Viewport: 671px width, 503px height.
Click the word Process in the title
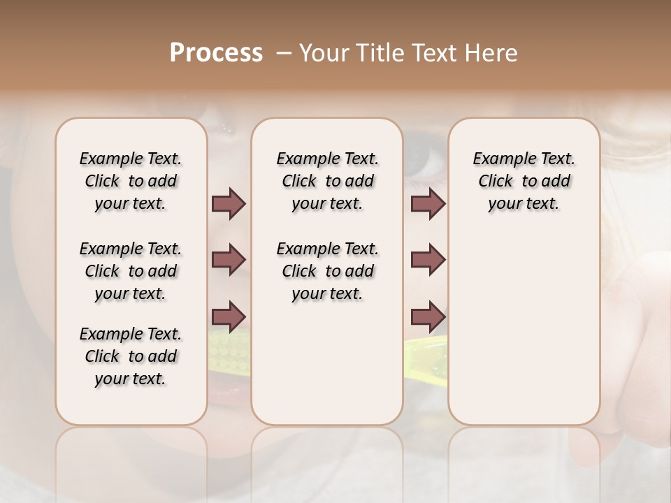click(x=216, y=53)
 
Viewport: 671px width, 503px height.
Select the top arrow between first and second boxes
click(x=229, y=204)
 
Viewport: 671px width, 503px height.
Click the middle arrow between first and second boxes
click(x=229, y=260)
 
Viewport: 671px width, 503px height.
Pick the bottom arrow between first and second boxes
click(x=229, y=316)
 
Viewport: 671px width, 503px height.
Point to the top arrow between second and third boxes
click(x=428, y=204)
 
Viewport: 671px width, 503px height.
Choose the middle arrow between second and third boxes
click(x=428, y=260)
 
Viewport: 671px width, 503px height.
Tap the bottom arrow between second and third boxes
click(x=428, y=316)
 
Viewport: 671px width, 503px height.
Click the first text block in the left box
click(x=131, y=181)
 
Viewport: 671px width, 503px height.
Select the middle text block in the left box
click(x=131, y=271)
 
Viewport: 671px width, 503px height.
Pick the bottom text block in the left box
click(x=131, y=356)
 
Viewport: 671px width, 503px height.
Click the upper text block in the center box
click(x=327, y=181)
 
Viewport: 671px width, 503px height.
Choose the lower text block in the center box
click(x=327, y=271)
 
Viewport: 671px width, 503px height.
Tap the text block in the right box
click(x=524, y=181)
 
